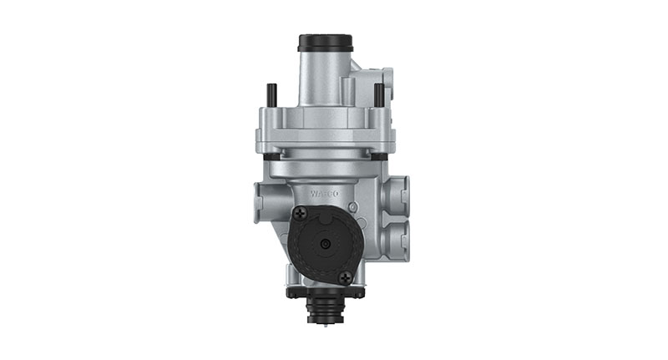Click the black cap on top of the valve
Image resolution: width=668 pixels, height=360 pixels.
click(325, 43)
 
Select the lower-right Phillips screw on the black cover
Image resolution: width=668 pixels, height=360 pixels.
click(346, 276)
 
